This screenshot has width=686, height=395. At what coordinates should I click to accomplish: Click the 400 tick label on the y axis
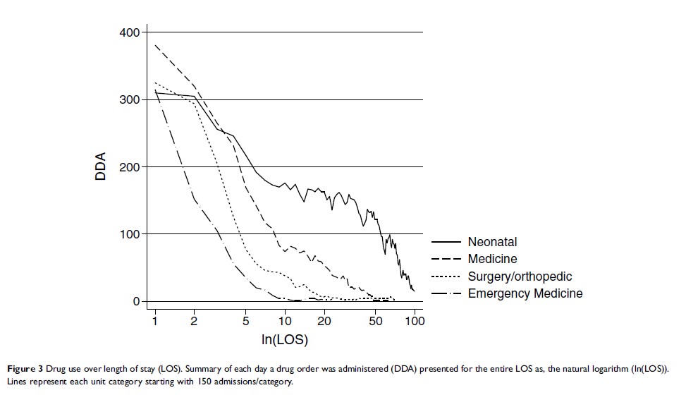pos(130,32)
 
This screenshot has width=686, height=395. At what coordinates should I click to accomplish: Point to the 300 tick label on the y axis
pos(130,99)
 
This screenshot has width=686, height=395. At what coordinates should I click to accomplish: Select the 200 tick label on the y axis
pos(130,167)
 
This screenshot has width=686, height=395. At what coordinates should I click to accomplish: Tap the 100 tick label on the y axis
pos(130,234)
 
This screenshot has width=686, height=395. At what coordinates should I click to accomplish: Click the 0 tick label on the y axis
pos(136,301)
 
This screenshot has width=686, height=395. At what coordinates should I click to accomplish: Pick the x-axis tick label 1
pos(154,322)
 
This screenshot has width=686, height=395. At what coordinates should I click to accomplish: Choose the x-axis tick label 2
pos(194,322)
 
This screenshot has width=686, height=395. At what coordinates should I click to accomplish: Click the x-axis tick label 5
pos(246,322)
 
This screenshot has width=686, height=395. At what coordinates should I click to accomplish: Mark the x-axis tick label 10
pos(286,322)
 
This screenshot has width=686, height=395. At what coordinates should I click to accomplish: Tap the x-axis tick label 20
pos(324,322)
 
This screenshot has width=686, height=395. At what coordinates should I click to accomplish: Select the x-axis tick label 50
pos(376,322)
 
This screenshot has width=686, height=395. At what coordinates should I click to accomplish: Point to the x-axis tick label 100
pos(415,322)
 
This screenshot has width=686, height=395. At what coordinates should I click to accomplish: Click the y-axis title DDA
pos(101,167)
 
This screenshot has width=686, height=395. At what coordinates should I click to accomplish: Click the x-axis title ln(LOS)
pos(285,339)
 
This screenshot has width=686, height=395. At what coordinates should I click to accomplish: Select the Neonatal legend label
pos(492,243)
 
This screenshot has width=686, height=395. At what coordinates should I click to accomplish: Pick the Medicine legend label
pos(492,260)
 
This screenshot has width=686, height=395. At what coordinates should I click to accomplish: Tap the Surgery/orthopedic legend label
pos(520,276)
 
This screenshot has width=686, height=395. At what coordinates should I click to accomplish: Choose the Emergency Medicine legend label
pos(525,293)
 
